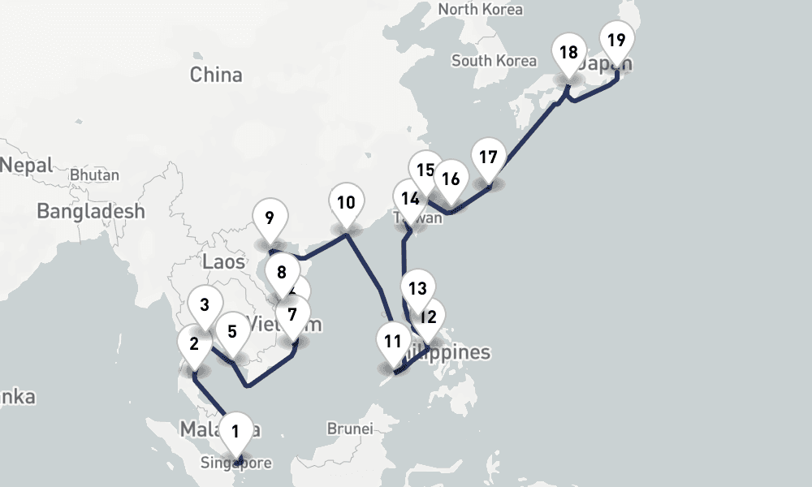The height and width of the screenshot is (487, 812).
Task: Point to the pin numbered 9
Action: pyautogui.click(x=270, y=218)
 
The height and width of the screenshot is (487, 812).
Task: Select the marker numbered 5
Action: pyautogui.click(x=232, y=331)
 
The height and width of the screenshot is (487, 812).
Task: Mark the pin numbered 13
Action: pyautogui.click(x=417, y=288)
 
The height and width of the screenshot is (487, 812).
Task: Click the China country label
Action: pyautogui.click(x=216, y=75)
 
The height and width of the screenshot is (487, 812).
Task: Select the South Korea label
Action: pyautogui.click(x=494, y=61)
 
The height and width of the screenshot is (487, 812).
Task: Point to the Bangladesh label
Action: pyautogui.click(x=91, y=211)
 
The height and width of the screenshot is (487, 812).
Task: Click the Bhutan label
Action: pyautogui.click(x=95, y=175)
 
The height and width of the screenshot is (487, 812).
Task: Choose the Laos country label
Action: pyautogui.click(x=223, y=261)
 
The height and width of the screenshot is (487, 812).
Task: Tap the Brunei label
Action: pyautogui.click(x=349, y=428)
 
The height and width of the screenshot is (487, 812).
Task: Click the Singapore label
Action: pyautogui.click(x=236, y=463)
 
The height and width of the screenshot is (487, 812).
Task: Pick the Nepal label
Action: pyautogui.click(x=26, y=166)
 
